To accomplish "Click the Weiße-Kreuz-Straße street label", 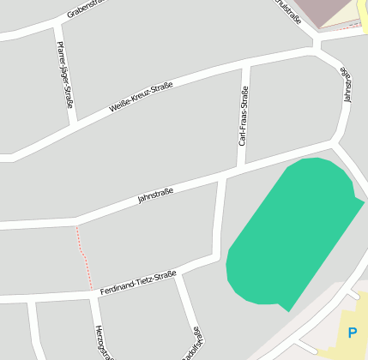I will [142, 97].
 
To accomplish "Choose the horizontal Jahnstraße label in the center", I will [155, 195].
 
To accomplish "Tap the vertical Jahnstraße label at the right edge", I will [347, 85].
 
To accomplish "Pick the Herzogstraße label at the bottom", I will [101, 342].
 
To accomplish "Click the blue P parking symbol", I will [352, 333].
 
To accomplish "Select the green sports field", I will [292, 231].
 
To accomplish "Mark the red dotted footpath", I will [83, 255].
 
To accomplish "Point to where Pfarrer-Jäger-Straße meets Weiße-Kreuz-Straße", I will [74, 124].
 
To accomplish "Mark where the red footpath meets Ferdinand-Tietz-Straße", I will [91, 290].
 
